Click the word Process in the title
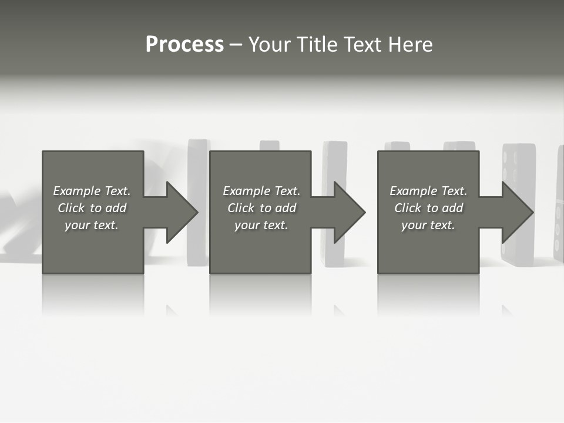pos(184,45)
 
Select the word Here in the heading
pos(409,45)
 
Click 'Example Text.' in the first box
pos(92,191)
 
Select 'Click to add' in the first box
pos(92,208)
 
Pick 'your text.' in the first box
pos(92,225)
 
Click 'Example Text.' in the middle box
pos(261,191)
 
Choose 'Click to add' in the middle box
pos(261,208)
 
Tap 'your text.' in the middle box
pos(261,225)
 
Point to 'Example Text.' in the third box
pos(428,191)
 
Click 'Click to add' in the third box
pos(428,208)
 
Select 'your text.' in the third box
pos(428,225)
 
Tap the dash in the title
pos(236,45)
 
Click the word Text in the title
pos(362,45)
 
